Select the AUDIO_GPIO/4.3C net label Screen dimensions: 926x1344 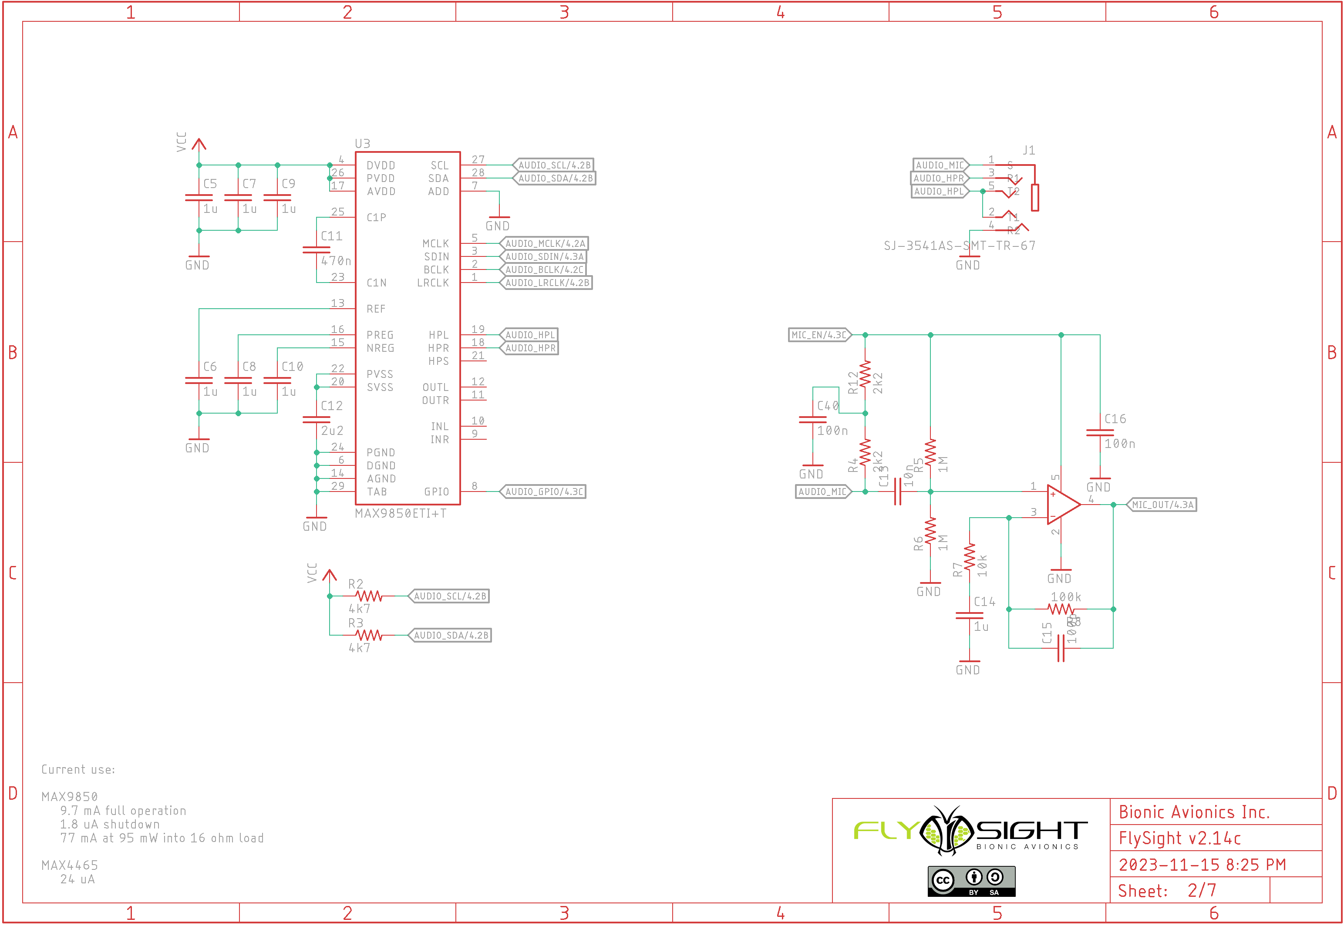(x=543, y=492)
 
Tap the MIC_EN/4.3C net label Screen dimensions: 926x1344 (x=819, y=335)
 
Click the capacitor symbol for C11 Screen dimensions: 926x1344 (x=316, y=250)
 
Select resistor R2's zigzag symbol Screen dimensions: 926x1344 (x=369, y=596)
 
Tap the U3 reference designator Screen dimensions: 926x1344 (x=363, y=143)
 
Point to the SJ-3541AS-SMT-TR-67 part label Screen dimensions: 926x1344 (x=960, y=246)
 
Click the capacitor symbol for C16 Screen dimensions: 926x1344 (x=1100, y=433)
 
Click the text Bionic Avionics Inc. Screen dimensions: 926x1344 (x=1194, y=812)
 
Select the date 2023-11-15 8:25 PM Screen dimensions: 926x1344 (x=1202, y=865)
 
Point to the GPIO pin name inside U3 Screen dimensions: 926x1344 (x=436, y=492)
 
